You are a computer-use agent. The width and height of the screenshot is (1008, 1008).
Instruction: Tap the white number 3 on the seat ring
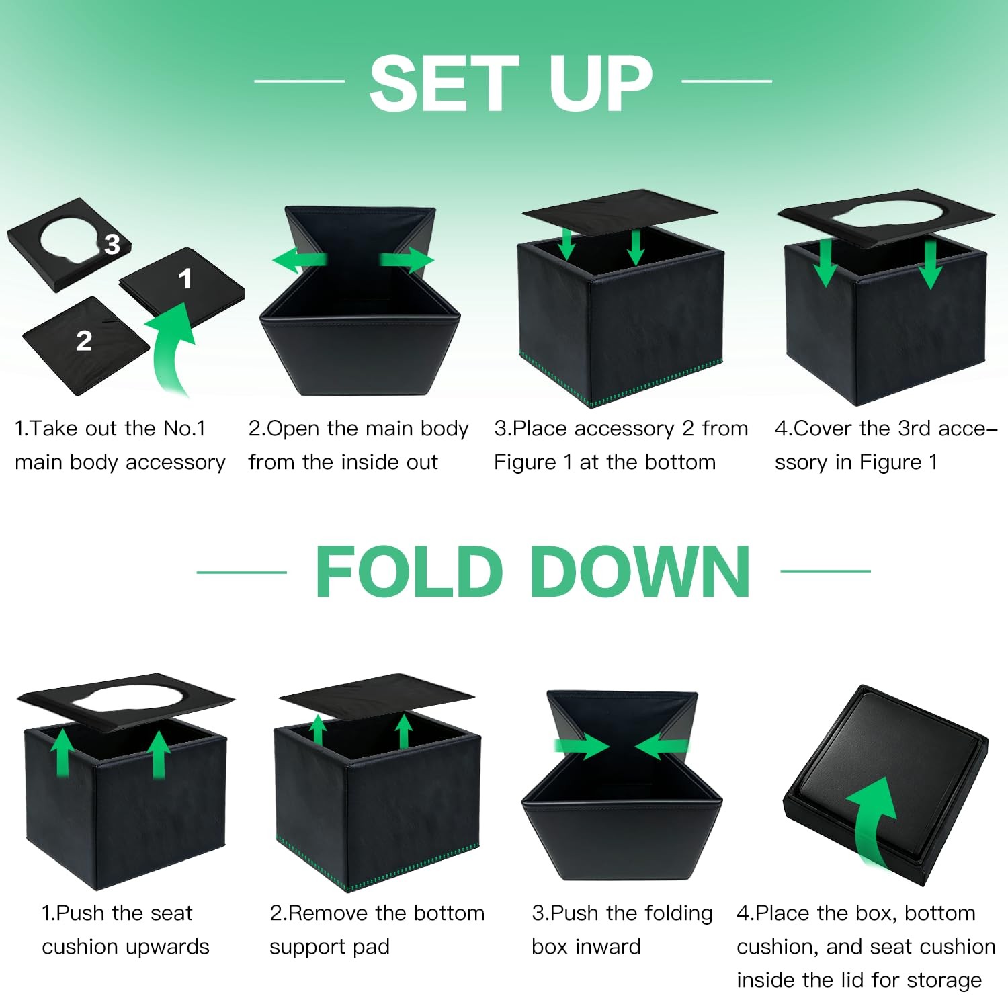(112, 244)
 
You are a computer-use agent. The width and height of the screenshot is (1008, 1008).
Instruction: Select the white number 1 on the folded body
(185, 278)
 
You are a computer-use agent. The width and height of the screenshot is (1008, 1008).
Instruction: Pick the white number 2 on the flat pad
(84, 341)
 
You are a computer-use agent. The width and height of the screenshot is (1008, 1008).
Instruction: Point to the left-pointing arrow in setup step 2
(300, 260)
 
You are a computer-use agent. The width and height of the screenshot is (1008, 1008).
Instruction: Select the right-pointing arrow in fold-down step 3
(581, 746)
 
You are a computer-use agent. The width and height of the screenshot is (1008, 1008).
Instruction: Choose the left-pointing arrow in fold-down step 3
(662, 746)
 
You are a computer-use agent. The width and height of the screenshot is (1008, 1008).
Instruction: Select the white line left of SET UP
(300, 81)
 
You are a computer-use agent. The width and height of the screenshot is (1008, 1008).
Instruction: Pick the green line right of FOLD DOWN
(825, 571)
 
